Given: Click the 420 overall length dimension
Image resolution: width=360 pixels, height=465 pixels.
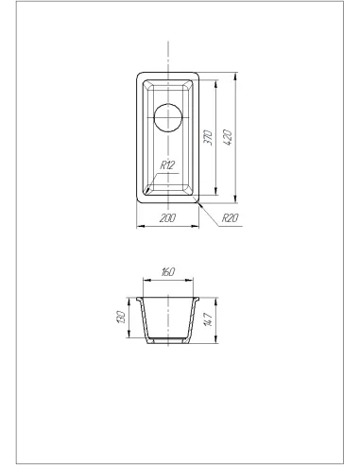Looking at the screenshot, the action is point(229,137).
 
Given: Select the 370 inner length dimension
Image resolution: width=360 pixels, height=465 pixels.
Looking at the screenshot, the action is point(208,137).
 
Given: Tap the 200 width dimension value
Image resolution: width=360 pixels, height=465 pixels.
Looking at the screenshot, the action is point(167,218).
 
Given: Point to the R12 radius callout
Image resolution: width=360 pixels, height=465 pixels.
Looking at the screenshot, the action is point(167,164).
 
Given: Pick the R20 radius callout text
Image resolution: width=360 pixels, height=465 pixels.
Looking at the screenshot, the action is point(230,217).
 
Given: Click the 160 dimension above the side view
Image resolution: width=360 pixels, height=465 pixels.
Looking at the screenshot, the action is point(168,271).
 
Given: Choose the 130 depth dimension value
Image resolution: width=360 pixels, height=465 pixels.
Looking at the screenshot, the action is point(121,317).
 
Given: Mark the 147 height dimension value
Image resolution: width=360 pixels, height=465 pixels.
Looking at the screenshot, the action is point(209,319).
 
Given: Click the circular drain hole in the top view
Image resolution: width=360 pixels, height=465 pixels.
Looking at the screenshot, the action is point(168,117).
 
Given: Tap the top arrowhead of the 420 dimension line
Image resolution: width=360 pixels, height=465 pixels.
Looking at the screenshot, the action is point(236,76).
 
